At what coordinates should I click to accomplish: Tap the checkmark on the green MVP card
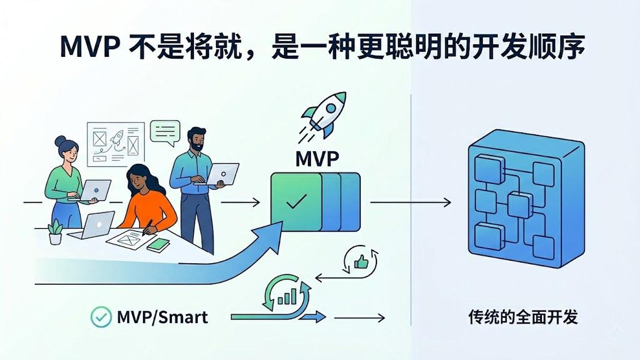[296, 201]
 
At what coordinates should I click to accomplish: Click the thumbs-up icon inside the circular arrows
[361, 262]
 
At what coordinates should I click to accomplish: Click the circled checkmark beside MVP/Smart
[101, 317]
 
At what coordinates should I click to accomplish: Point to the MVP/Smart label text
[162, 317]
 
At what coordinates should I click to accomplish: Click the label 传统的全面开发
[523, 317]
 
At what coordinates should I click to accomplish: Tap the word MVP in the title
[90, 47]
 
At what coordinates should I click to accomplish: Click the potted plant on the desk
[56, 232]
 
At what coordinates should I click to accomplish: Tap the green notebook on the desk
[158, 245]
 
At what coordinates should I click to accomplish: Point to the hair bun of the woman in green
[60, 140]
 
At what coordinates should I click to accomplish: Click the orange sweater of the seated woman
[149, 210]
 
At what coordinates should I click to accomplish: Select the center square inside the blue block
[520, 206]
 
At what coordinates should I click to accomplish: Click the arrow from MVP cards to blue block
[410, 202]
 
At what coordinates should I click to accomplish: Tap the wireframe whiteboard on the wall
[116, 144]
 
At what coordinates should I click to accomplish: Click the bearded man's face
[196, 140]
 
